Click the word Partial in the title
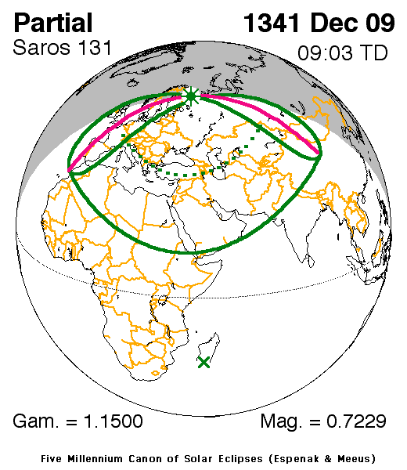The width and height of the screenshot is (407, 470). click(x=53, y=23)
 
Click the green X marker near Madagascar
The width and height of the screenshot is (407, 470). click(x=204, y=362)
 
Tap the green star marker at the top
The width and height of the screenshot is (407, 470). click(x=191, y=96)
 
